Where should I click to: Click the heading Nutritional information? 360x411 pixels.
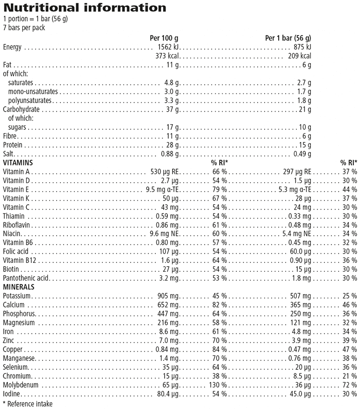click(x=85, y=8)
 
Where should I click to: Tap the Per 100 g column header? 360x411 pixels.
click(x=164, y=38)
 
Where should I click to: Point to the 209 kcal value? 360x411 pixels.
click(x=299, y=56)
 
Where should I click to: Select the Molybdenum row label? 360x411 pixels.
click(x=21, y=385)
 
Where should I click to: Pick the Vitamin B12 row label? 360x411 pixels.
click(x=19, y=261)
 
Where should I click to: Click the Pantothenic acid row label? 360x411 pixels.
click(x=26, y=278)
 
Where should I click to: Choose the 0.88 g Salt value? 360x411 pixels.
click(x=170, y=154)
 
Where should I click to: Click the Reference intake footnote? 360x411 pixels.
click(x=28, y=404)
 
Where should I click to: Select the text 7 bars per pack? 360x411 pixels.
click(x=24, y=28)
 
